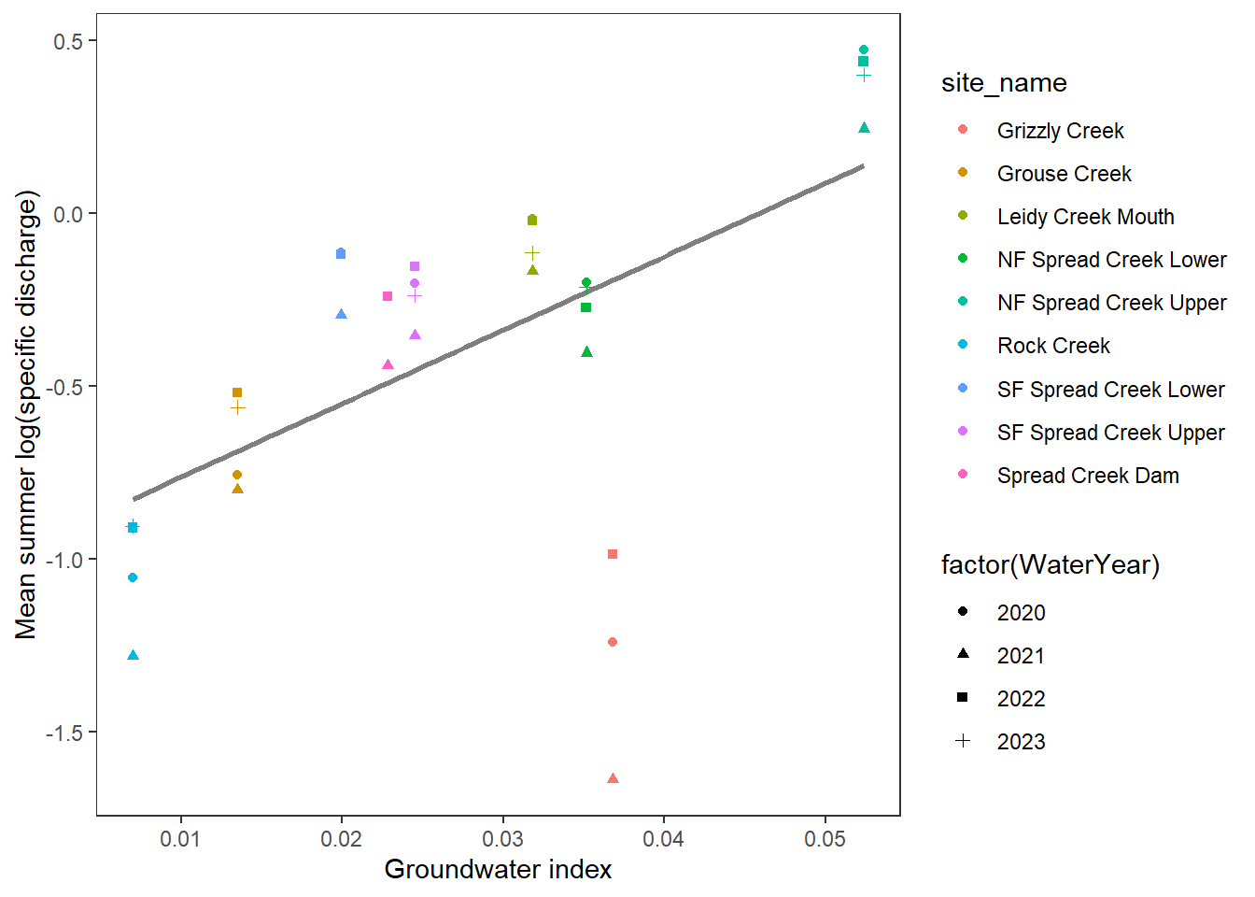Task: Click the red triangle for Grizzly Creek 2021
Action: (x=613, y=778)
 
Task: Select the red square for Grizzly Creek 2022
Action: (x=613, y=554)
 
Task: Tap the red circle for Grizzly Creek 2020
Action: (x=613, y=642)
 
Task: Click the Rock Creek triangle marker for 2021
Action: (x=133, y=655)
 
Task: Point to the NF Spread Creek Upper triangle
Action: (x=864, y=128)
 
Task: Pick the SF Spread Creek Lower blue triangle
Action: (x=341, y=315)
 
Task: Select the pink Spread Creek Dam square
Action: (x=388, y=296)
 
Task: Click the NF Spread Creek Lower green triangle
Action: (x=586, y=352)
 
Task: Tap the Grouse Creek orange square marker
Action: (x=237, y=392)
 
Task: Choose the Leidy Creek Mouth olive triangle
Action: (x=532, y=271)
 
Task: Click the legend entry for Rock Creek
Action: (x=1053, y=346)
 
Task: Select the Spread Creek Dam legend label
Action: (x=1088, y=476)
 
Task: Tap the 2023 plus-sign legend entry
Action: (x=1021, y=742)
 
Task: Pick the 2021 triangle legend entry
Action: (x=1021, y=656)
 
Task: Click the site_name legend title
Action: (x=1004, y=83)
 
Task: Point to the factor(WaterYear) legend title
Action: (x=1050, y=565)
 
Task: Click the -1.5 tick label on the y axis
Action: (x=63, y=733)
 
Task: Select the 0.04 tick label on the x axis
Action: (x=663, y=839)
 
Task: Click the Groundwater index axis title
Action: (x=498, y=870)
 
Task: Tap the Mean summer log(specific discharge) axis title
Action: (x=26, y=415)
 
